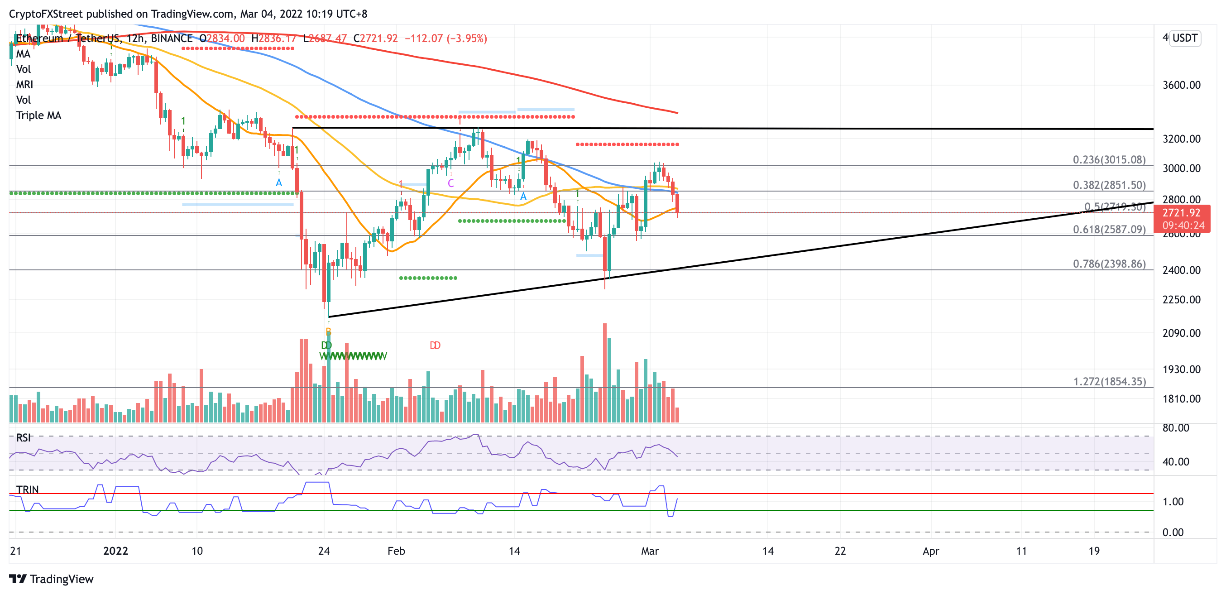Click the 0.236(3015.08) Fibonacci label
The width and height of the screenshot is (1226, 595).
1108,159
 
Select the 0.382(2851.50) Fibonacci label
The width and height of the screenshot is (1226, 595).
1108,185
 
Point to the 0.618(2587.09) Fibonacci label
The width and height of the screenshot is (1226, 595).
1108,229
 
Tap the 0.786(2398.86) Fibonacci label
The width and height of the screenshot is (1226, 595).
1108,264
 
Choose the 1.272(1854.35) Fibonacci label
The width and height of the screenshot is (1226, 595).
1109,381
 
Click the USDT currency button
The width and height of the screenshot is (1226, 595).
1185,38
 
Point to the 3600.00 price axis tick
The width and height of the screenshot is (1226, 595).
1181,85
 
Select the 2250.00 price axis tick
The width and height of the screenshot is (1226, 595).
1181,299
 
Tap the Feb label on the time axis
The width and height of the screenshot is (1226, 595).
396,551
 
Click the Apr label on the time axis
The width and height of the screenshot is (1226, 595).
930,551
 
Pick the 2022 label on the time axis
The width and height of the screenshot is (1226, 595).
115,551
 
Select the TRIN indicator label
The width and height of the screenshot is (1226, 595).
27,489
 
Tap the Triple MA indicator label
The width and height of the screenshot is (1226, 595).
38,115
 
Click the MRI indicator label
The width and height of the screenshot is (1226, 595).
24,84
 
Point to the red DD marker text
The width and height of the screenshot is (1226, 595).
435,345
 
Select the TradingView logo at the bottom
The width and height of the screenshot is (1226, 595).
52,579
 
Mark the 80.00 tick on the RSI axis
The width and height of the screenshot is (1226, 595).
1175,427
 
